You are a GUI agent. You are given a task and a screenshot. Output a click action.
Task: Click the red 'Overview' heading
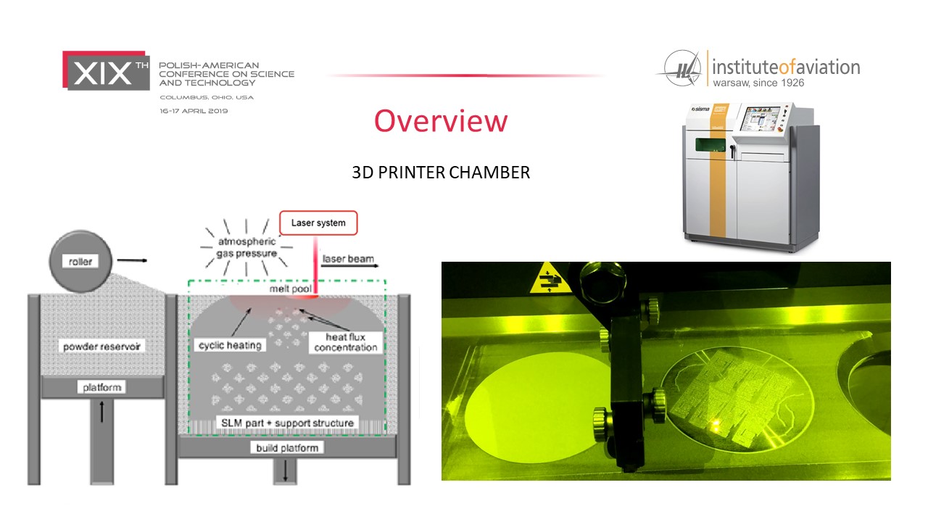click(x=441, y=120)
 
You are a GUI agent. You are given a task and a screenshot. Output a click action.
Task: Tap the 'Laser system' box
click(x=318, y=223)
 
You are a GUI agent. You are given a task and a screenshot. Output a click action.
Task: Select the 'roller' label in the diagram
click(x=80, y=262)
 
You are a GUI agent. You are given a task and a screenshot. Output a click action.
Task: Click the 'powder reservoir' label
click(x=101, y=347)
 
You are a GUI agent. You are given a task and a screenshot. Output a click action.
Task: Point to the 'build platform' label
click(x=287, y=448)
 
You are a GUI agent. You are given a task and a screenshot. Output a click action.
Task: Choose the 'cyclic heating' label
click(x=230, y=345)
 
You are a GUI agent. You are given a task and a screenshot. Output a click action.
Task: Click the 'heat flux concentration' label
click(x=346, y=342)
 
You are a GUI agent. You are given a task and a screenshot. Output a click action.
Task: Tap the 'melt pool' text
click(x=291, y=289)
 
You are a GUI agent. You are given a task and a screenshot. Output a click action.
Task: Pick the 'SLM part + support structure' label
click(x=287, y=423)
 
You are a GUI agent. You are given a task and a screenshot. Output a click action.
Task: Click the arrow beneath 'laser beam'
click(x=349, y=265)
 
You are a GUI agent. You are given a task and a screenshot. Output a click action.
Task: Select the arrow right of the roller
click(x=132, y=260)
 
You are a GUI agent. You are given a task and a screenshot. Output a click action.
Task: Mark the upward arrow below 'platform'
click(x=102, y=411)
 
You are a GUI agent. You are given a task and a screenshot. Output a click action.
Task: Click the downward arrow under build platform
click(x=286, y=471)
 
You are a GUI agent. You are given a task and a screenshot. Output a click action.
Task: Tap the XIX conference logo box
click(x=106, y=70)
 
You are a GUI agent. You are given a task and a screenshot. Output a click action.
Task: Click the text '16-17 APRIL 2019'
click(x=194, y=111)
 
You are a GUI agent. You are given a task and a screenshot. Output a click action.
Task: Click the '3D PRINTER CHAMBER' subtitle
click(x=441, y=173)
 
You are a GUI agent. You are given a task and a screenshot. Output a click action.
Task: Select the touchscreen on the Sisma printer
click(x=761, y=119)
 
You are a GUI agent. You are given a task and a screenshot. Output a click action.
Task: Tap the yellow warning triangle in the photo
click(x=550, y=278)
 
